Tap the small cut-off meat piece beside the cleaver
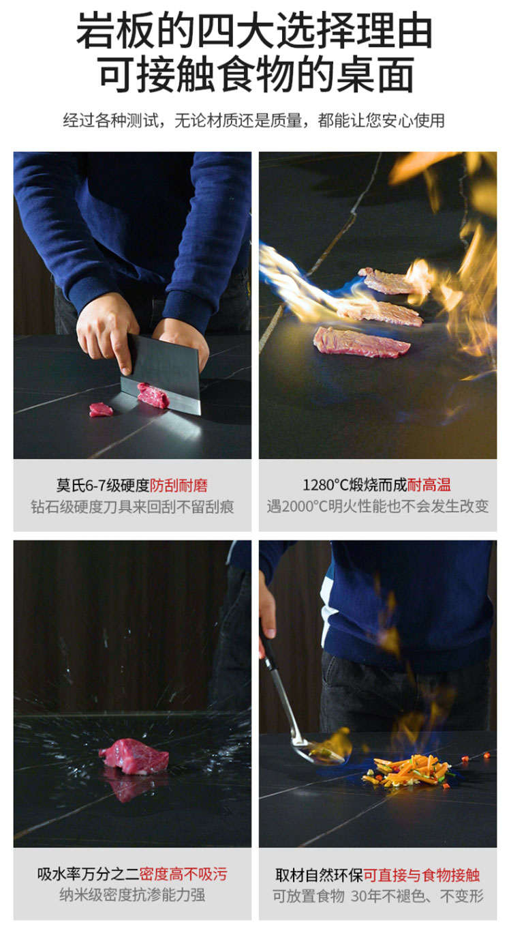[101, 410]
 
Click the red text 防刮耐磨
[179, 485]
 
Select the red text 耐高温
[429, 485]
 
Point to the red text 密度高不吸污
[183, 874]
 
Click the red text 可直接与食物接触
[422, 875]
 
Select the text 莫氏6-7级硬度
[103, 485]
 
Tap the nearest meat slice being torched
[361, 342]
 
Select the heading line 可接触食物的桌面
[257, 74]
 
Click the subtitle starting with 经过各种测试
[253, 121]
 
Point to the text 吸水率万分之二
[89, 874]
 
